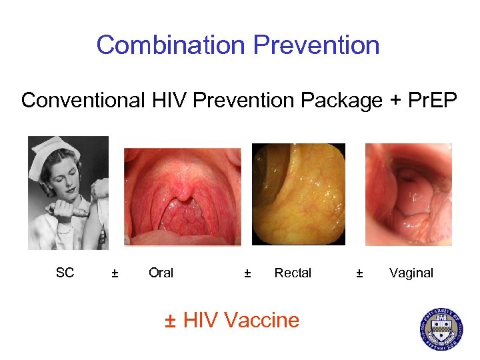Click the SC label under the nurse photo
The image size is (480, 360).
tap(65, 272)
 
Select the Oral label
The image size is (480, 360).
tap(161, 273)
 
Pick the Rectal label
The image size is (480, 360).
tap(293, 273)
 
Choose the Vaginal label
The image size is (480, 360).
tap(411, 273)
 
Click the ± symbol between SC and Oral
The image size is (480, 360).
tap(115, 273)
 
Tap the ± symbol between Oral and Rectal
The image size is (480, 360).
tap(247, 273)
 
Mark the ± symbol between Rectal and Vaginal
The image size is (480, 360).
tap(359, 273)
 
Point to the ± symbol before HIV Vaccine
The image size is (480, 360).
tap(171, 321)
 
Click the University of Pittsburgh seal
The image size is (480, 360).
tap(441, 328)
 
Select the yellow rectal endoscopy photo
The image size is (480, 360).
tap(298, 194)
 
